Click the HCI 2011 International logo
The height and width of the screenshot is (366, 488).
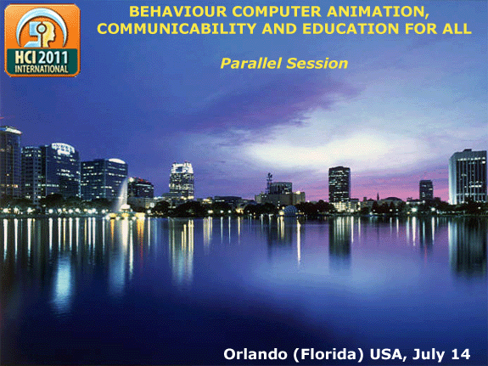(42, 39)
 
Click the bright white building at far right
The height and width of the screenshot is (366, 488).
(468, 177)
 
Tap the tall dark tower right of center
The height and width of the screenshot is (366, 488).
(339, 184)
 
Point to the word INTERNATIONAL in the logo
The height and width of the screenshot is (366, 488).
(42, 68)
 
